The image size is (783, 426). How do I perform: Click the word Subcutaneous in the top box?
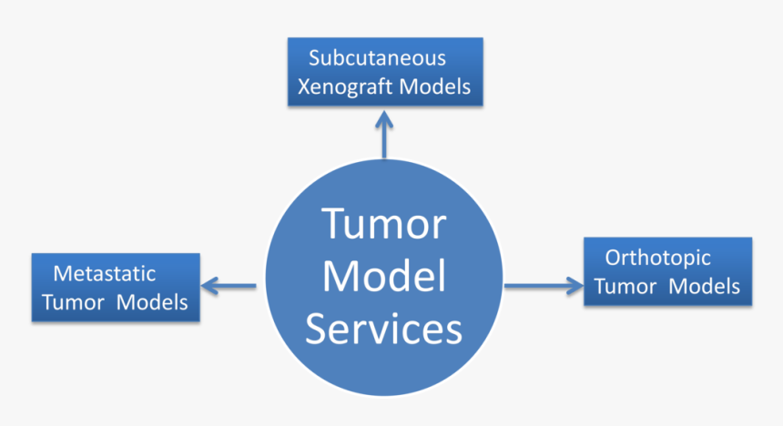pos(377,58)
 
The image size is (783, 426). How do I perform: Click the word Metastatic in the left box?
pos(105,273)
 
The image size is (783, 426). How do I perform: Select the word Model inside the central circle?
pos(384,277)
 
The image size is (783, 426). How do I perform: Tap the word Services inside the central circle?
pos(384,329)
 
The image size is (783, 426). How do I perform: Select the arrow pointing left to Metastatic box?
pos(229,286)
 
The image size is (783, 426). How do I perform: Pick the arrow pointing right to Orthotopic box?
pos(544,286)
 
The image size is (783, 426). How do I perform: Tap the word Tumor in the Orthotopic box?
pos(625,286)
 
